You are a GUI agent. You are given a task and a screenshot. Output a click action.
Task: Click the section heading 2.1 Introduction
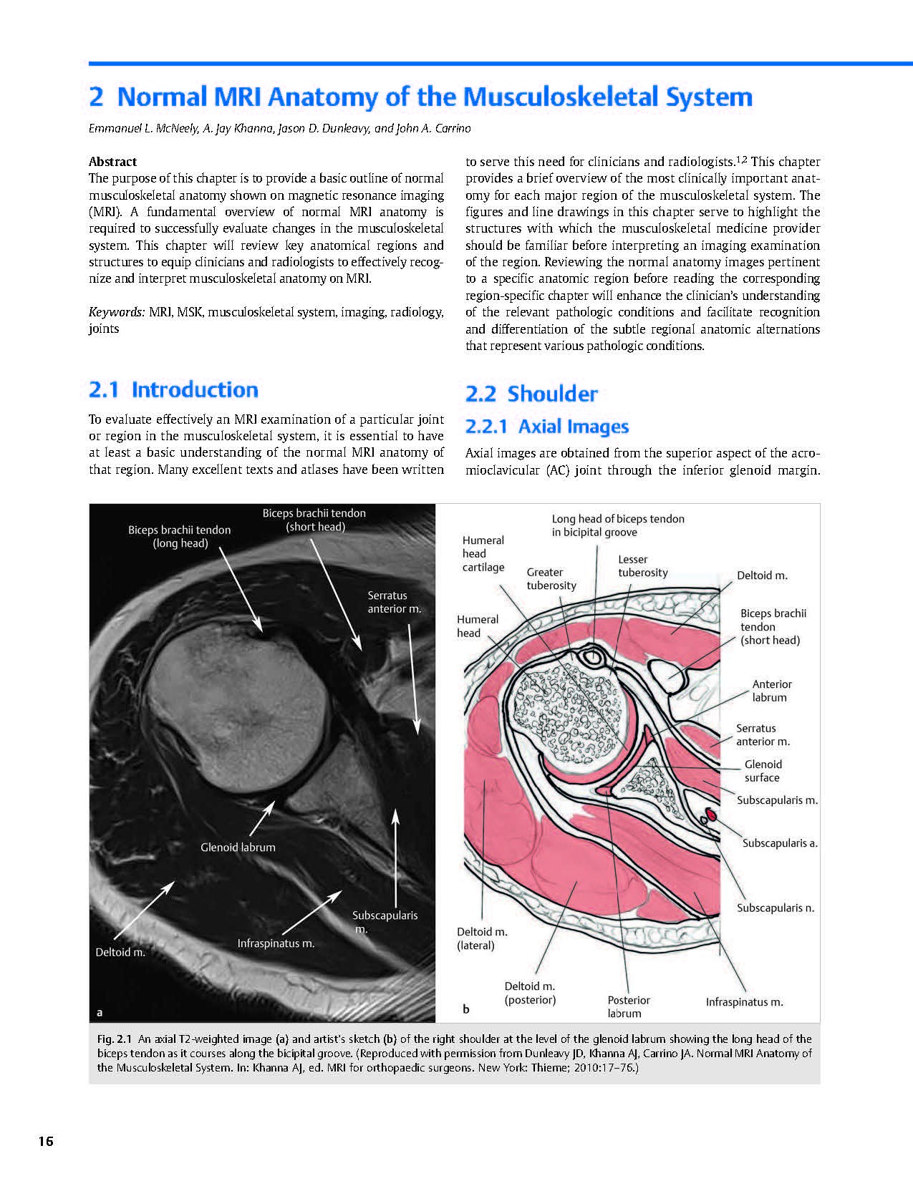tap(173, 390)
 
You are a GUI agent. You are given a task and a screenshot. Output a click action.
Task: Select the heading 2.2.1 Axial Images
tap(546, 427)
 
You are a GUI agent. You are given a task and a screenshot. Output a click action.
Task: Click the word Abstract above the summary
tap(112, 162)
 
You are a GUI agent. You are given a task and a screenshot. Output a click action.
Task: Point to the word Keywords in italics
tap(117, 312)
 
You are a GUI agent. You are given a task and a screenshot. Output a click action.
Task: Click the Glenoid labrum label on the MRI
tap(238, 847)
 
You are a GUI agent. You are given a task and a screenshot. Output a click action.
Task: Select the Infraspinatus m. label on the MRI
tap(276, 943)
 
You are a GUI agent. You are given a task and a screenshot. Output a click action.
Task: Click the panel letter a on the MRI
tap(100, 1012)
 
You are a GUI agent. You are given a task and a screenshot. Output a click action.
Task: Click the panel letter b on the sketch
tap(466, 1009)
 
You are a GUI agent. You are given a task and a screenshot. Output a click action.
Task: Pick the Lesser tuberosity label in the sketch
tap(642, 565)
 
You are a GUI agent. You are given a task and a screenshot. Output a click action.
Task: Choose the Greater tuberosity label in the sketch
tap(551, 578)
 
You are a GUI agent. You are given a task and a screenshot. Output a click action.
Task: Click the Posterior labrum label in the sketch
tap(629, 1006)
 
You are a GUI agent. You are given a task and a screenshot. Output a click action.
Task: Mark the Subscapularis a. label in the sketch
tap(780, 843)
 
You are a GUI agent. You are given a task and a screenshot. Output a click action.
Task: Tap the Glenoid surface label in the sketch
tap(763, 771)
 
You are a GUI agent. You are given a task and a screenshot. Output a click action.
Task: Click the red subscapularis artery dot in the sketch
tap(712, 814)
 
